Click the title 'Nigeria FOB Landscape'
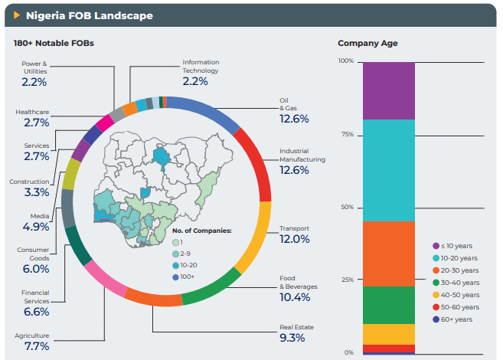89,15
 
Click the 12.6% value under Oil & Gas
294,119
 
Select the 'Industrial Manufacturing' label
302,155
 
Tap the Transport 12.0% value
294,239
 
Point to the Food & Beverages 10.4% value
294,297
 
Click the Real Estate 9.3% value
292,338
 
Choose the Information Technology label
200,67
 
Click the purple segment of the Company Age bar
388,90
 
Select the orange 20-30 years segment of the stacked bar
388,253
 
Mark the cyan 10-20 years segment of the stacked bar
388,169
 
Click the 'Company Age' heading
367,44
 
